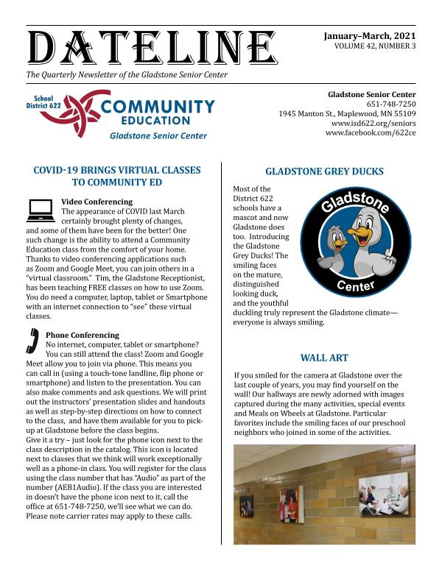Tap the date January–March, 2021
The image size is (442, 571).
pyautogui.click(x=370, y=35)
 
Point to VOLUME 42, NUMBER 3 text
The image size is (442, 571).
pyautogui.click(x=374, y=46)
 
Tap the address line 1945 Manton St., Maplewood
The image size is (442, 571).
pyautogui.click(x=347, y=114)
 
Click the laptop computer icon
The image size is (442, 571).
pyautogui.click(x=40, y=211)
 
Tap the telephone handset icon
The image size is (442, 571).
pyautogui.click(x=33, y=341)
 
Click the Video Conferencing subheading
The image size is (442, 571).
pyautogui.click(x=97, y=202)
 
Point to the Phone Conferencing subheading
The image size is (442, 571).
pyautogui.click(x=83, y=335)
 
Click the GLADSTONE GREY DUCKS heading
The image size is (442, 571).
pyautogui.click(x=324, y=171)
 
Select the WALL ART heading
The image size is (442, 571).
pyautogui.click(x=324, y=358)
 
